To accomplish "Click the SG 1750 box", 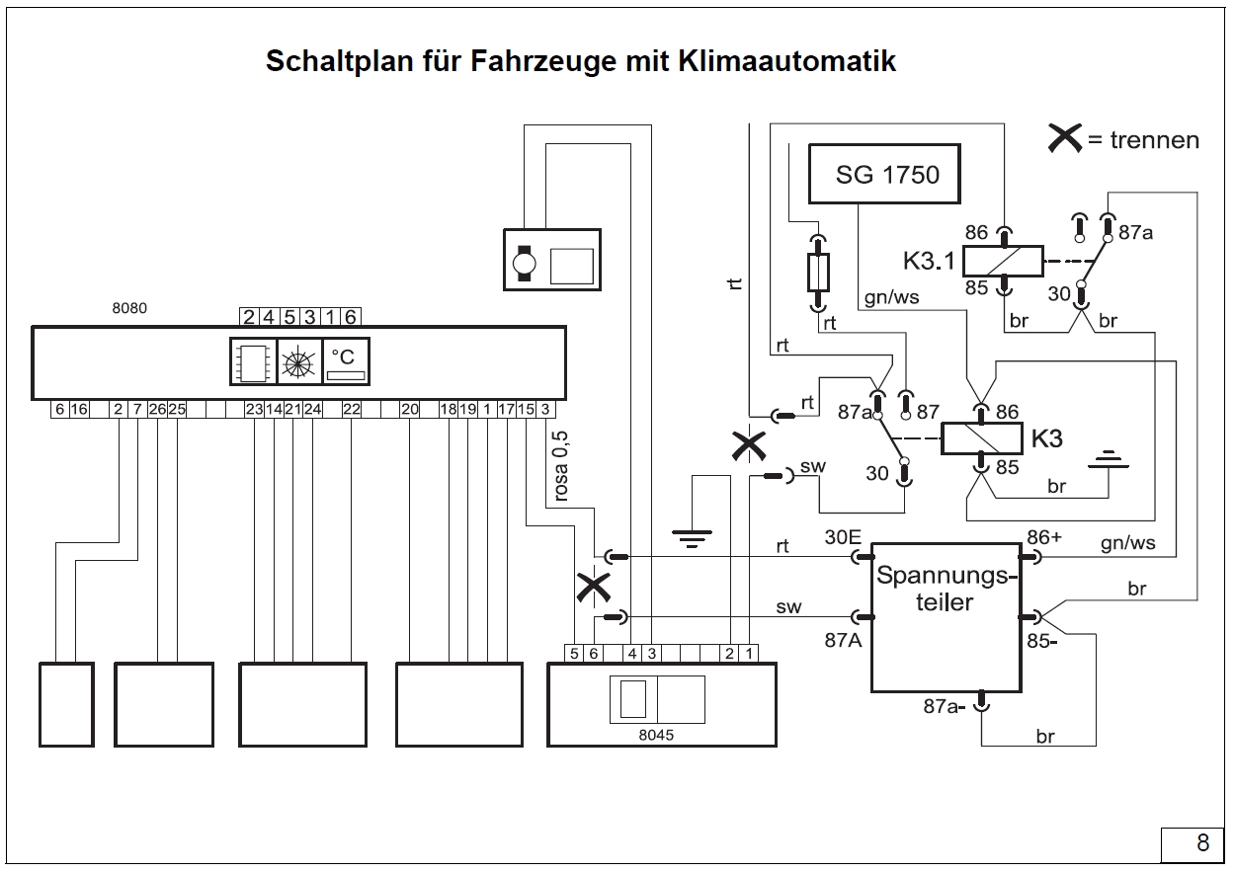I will pos(887,175).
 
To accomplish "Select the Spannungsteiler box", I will pos(945,617).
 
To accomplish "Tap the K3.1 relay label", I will pos(929,261).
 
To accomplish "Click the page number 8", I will pos(1201,842).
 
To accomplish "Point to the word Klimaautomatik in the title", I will pos(787,61).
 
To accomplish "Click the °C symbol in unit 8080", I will pos(346,357).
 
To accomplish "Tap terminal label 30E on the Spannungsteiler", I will pos(843,537).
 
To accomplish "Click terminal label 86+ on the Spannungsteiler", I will pos(1043,537).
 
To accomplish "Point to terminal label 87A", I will pos(844,639).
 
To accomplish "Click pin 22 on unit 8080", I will pos(351,409).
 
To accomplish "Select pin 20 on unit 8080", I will pos(410,409).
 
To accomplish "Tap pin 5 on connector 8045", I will pos(574,653).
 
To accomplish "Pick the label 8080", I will pos(128,308).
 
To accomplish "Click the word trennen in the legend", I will pos(1154,140).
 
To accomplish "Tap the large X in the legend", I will pos(1065,139).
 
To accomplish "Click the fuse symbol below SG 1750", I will pos(817,272).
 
